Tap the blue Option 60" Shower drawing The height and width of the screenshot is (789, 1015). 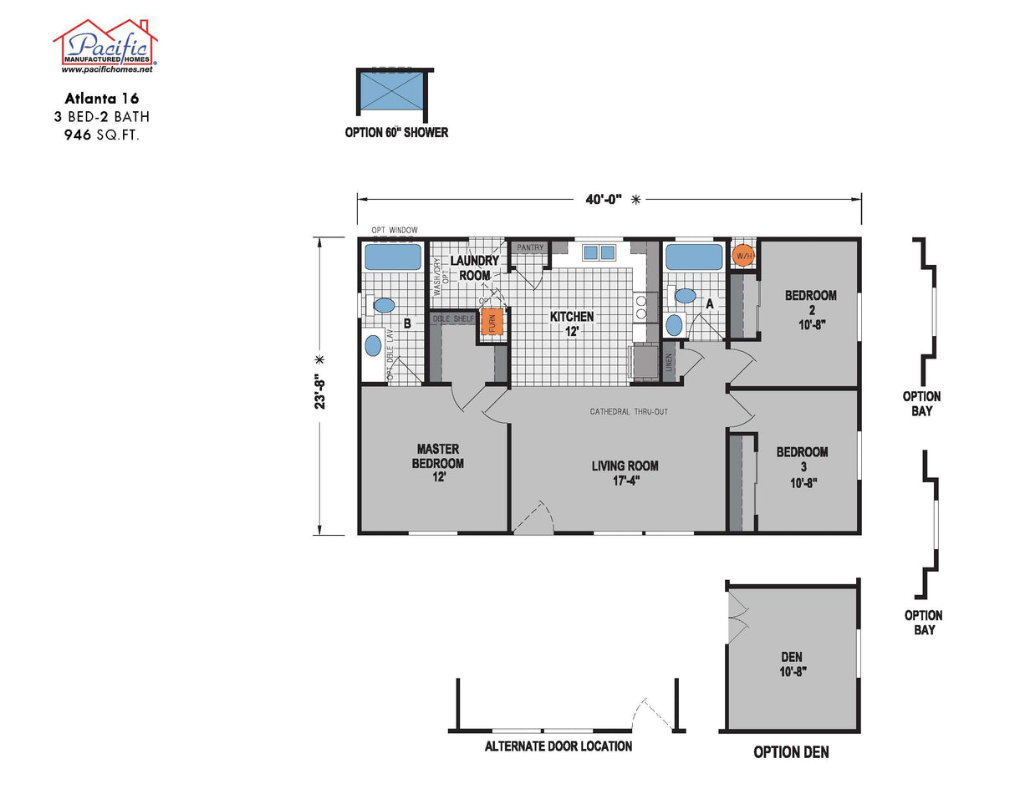coord(392,92)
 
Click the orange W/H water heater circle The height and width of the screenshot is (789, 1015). coord(742,254)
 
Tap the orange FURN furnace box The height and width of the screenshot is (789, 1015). coord(492,322)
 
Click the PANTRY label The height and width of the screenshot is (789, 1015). coord(530,247)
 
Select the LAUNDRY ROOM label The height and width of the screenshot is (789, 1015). coord(475,267)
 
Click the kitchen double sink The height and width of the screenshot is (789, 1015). coord(599,252)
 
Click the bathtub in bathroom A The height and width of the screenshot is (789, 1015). coord(693,256)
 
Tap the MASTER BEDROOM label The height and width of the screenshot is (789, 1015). coord(438,463)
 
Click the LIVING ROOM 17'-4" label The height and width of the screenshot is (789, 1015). coord(625,472)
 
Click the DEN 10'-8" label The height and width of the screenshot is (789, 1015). coord(791,664)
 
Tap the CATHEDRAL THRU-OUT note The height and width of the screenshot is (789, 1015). coord(629,412)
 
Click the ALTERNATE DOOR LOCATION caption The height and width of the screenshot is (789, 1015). coord(558,746)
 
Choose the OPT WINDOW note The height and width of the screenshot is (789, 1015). coord(395,230)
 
